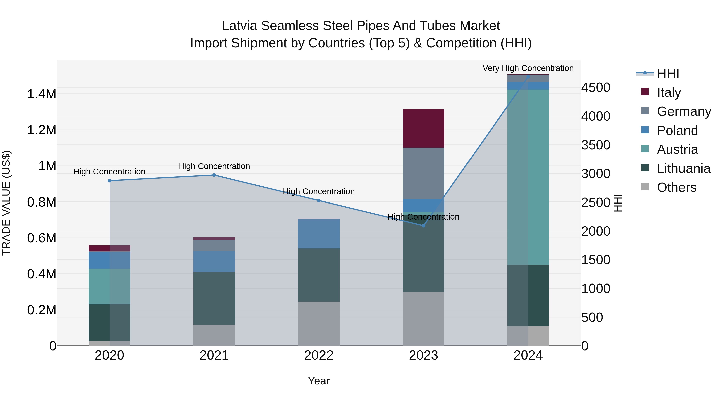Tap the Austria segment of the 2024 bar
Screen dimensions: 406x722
pyautogui.click(x=528, y=177)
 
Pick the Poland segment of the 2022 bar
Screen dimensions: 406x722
pyautogui.click(x=319, y=234)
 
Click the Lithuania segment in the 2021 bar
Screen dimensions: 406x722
pyautogui.click(x=214, y=298)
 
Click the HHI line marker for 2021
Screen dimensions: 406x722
pyautogui.click(x=214, y=175)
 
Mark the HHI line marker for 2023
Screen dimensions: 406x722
pyautogui.click(x=424, y=226)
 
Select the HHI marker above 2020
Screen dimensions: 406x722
pyautogui.click(x=110, y=181)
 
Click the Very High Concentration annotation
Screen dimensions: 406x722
pyautogui.click(x=528, y=68)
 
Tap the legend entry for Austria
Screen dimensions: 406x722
pyautogui.click(x=677, y=149)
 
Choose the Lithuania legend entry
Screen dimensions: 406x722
pyautogui.click(x=683, y=168)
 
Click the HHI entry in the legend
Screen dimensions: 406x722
pyautogui.click(x=668, y=73)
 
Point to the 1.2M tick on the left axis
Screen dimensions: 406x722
pyautogui.click(x=42, y=130)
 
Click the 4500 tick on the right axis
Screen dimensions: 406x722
pyautogui.click(x=596, y=87)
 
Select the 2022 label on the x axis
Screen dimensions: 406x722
pyautogui.click(x=319, y=355)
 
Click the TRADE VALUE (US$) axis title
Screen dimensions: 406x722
pyautogui.click(x=6, y=203)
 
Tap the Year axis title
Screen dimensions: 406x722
pyautogui.click(x=319, y=381)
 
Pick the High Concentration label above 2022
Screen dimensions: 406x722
pyautogui.click(x=319, y=191)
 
